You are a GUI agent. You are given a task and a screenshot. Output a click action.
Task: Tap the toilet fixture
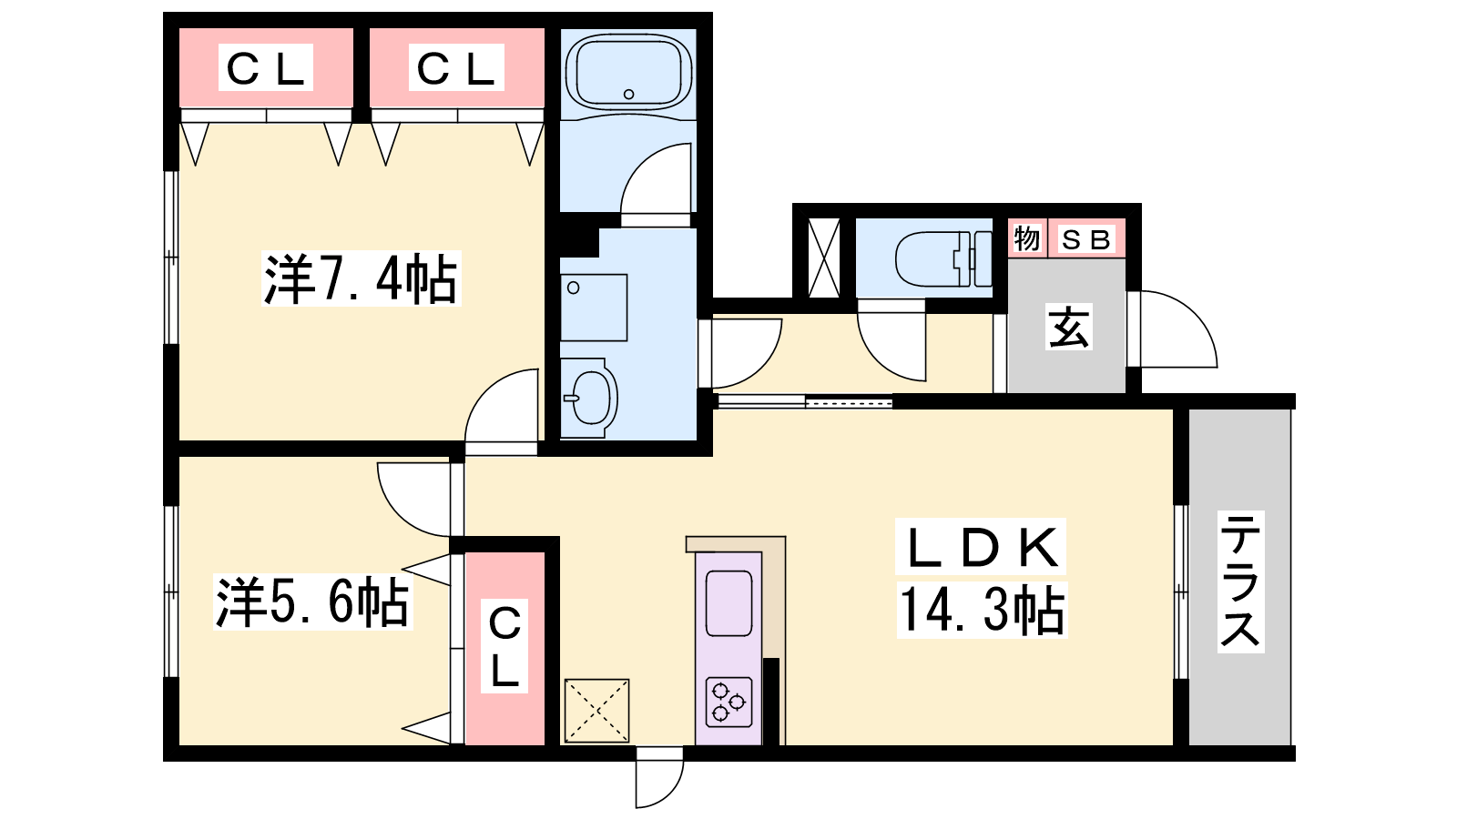943,259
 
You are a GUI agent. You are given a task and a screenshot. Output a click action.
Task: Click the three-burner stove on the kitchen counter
728,702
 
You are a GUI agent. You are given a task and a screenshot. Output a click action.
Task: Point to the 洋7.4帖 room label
361,278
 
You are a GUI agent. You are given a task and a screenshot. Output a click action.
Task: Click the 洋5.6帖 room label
313,602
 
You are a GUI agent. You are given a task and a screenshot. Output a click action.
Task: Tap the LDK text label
980,546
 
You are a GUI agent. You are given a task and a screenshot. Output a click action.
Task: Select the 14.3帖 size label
983,609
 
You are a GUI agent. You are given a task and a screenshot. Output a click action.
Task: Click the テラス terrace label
1240,581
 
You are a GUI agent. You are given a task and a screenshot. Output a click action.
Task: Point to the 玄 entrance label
1069,327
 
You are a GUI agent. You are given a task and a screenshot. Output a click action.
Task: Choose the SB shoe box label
1085,240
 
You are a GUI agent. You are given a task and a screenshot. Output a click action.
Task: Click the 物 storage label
1027,239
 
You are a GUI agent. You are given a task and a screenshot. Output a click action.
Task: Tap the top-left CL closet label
265,67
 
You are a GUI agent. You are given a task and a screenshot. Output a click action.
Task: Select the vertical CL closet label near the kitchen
504,646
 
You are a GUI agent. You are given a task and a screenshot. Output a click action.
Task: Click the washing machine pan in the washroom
594,308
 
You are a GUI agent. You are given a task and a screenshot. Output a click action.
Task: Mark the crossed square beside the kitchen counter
596,711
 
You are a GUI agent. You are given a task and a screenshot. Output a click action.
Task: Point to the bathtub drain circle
628,95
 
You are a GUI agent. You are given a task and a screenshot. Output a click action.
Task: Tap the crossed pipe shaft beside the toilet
823,258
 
